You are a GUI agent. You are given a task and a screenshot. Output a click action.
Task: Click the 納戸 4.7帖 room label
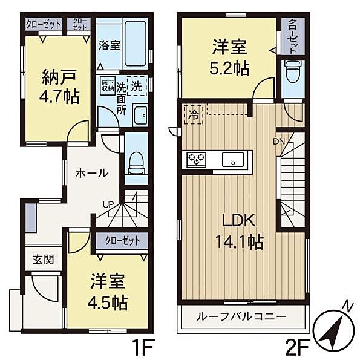tap(60, 87)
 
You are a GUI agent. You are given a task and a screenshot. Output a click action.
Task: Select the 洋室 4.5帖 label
tap(108, 290)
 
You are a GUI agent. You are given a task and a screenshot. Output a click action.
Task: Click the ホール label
tap(91, 173)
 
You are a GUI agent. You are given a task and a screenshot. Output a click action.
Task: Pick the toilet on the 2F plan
tap(293, 72)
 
